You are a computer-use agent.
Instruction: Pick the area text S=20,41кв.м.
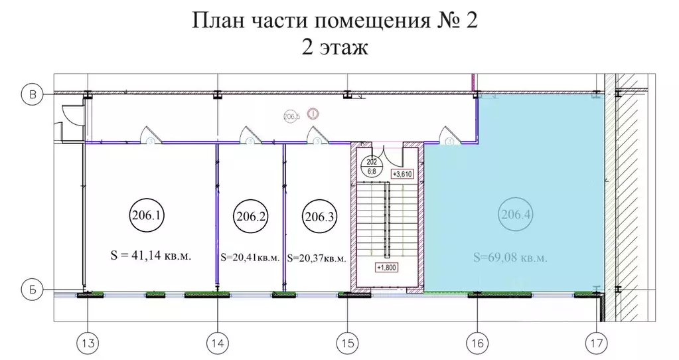[250, 258]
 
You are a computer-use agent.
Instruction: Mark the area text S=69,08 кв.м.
[511, 258]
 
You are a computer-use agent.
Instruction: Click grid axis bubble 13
[87, 343]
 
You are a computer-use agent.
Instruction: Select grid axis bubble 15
[346, 343]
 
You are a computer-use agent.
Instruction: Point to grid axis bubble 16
[475, 343]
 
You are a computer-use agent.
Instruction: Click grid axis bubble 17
[595, 343]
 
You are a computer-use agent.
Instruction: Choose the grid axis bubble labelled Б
[31, 290]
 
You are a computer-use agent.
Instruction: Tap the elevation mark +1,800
[386, 267]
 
